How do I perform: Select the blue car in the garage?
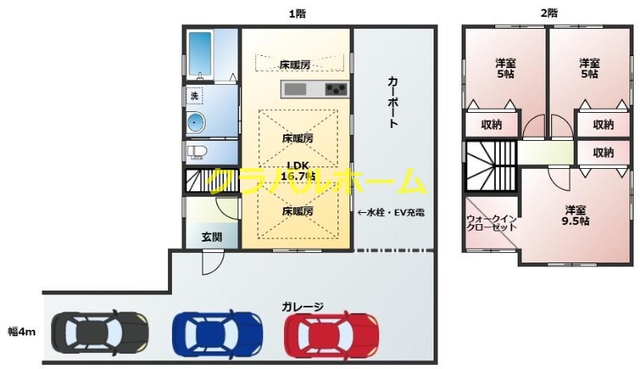[x=218, y=331]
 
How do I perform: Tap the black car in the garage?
[x=100, y=330]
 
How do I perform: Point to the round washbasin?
[x=196, y=122]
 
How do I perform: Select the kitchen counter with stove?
[x=315, y=88]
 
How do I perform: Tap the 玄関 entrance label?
[x=212, y=237]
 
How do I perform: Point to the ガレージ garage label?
[x=302, y=307]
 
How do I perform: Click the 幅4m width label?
[x=22, y=330]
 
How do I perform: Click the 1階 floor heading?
[x=298, y=13]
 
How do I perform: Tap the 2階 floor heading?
[x=549, y=13]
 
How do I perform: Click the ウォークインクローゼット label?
[x=491, y=222]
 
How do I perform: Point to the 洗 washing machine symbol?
[x=193, y=96]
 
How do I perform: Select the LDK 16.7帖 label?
[x=296, y=171]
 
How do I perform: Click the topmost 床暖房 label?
[x=295, y=64]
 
